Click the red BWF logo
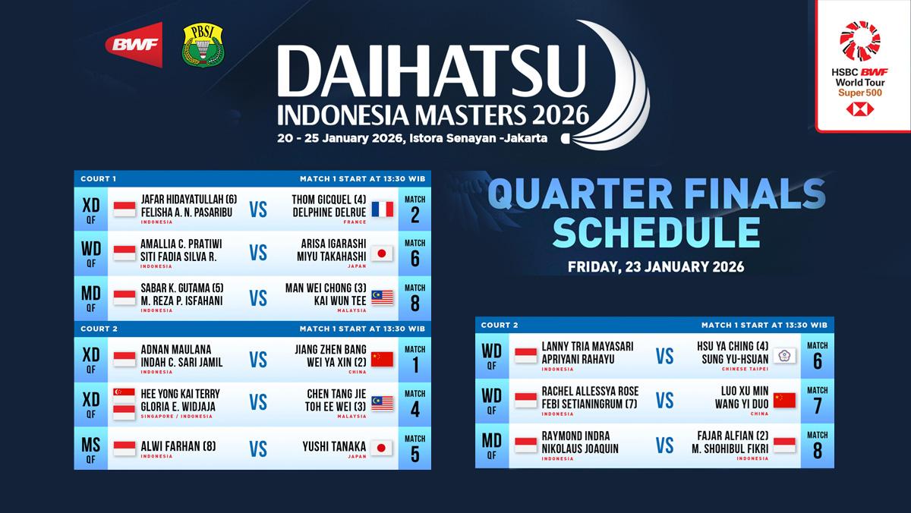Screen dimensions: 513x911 point(134,45)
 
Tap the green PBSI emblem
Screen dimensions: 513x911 point(203,45)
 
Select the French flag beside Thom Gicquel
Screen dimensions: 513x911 point(382,209)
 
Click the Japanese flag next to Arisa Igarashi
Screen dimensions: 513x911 point(382,253)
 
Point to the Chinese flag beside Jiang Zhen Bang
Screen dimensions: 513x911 point(382,358)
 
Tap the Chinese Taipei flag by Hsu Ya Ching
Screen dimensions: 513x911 point(784,355)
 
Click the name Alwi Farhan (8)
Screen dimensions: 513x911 point(176,446)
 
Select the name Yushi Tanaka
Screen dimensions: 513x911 point(335,446)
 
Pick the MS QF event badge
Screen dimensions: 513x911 point(91,448)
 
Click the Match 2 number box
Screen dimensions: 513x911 point(415,209)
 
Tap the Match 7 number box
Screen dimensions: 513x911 point(817,401)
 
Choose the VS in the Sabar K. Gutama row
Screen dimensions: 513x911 point(258,297)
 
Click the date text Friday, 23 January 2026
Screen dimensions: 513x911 point(656,267)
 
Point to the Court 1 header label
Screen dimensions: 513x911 point(99,179)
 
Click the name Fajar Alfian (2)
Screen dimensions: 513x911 point(735,436)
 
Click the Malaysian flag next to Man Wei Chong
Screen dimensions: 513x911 point(382,297)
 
